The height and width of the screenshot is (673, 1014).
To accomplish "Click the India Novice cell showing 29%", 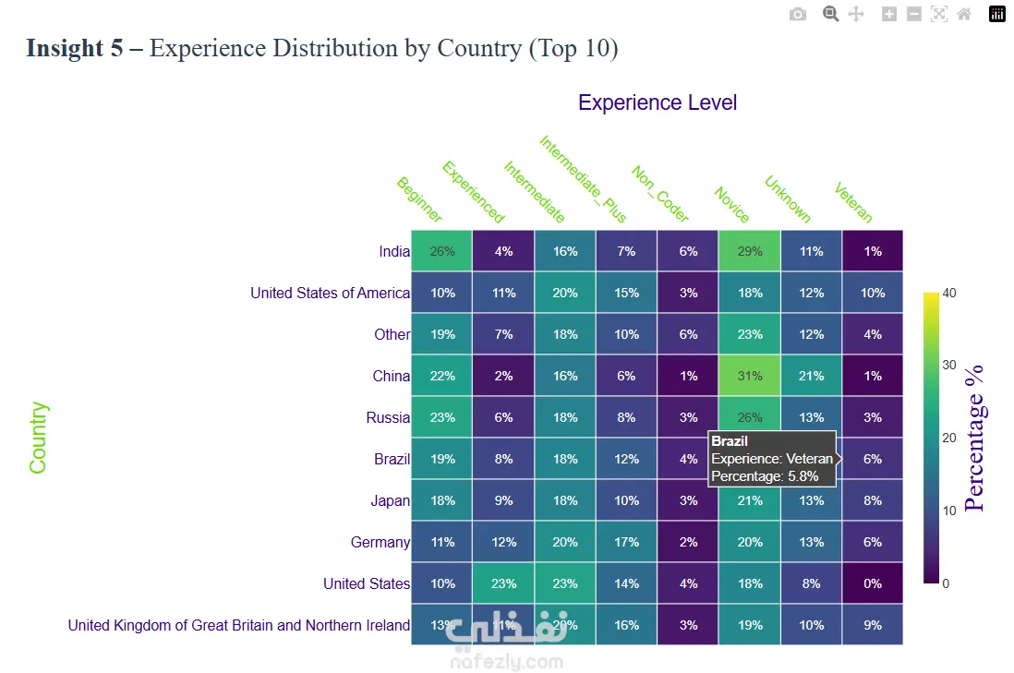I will point(750,251).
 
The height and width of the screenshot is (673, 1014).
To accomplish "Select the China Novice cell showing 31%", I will point(750,376).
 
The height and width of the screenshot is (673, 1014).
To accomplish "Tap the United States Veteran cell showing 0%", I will point(873,583).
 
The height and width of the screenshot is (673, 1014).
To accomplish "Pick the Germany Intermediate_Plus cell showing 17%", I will point(626,542).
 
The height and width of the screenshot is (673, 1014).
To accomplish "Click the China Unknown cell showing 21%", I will point(811,376).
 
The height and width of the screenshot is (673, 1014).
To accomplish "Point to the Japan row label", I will point(390,500).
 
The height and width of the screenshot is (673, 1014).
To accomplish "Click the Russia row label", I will point(388,417).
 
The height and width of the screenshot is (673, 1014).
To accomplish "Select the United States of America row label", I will point(330,293).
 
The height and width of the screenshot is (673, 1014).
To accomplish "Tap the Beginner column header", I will point(419,199).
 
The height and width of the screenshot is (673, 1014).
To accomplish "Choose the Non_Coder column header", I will point(659,194).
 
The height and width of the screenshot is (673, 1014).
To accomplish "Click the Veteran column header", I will point(853,202).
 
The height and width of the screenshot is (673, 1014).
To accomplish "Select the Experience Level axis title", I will point(658,102).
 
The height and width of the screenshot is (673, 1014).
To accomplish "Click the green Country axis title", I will point(38,438).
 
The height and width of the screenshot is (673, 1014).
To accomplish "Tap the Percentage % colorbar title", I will point(975,438).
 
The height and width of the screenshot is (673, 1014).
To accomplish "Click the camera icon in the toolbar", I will point(798,14).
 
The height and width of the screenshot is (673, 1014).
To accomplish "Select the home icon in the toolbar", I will point(964,14).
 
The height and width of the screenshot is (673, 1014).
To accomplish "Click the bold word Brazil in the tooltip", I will point(730,441).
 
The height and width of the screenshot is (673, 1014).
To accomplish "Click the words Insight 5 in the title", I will point(74,48).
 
